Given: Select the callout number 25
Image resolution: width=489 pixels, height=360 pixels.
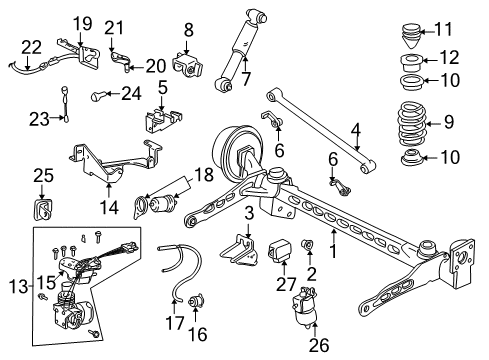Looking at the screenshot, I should tap(41, 175).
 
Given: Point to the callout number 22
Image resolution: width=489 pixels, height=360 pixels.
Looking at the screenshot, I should tap(32, 46).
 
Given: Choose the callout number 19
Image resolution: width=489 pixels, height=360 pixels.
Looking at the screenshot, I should tap(82, 21).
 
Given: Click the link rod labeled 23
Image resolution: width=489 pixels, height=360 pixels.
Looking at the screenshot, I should tap(66, 103).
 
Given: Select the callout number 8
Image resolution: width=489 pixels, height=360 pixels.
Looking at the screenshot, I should tap(188, 31).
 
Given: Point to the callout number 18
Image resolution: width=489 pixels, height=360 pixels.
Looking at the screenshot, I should tap(205, 176).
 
